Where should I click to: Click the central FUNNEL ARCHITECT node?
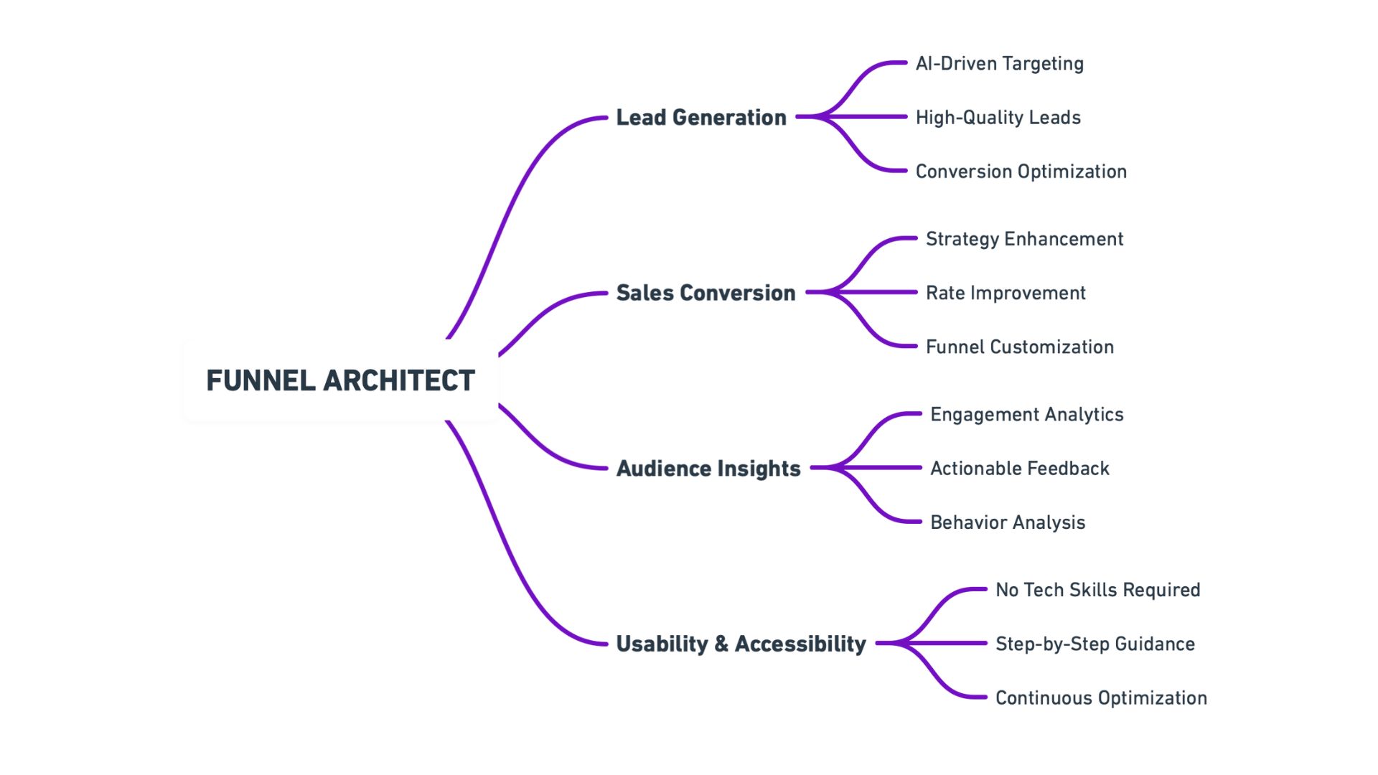pyautogui.click(x=340, y=380)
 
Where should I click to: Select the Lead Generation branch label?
pyautogui.click(x=701, y=117)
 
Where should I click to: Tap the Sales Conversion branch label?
pyautogui.click(x=706, y=293)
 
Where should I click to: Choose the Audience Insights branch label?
pyautogui.click(x=708, y=469)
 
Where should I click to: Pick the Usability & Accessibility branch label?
pyautogui.click(x=741, y=644)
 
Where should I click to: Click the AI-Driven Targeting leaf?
pyautogui.click(x=999, y=64)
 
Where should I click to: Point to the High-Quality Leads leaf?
pyautogui.click(x=998, y=118)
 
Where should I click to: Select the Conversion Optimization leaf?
pyautogui.click(x=1021, y=172)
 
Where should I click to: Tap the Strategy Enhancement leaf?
pyautogui.click(x=1024, y=239)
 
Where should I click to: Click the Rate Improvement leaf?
pyautogui.click(x=1006, y=293)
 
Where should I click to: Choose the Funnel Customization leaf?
pyautogui.click(x=1019, y=347)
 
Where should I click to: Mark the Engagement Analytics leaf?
pyautogui.click(x=1026, y=415)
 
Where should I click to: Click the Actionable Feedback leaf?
pyautogui.click(x=1019, y=469)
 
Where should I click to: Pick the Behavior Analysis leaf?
pyautogui.click(x=1008, y=522)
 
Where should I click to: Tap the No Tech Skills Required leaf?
pyautogui.click(x=1097, y=590)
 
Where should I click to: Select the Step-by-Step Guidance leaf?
pyautogui.click(x=1095, y=644)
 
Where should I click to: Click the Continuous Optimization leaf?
pyautogui.click(x=1101, y=698)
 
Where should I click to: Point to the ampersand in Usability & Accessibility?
pyautogui.click(x=721, y=644)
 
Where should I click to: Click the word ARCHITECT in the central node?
pyautogui.click(x=399, y=380)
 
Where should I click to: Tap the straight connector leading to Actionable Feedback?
pyautogui.click(x=883, y=468)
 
